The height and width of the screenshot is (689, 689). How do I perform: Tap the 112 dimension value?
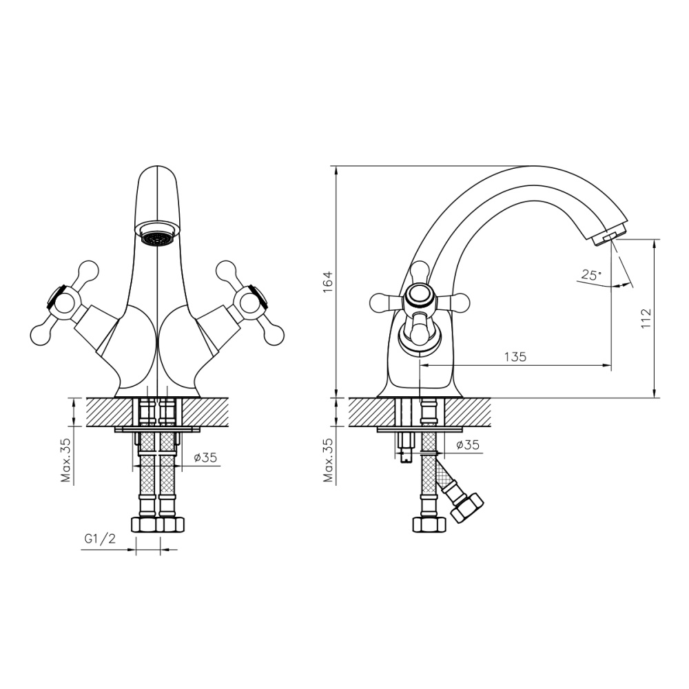pyautogui.click(x=645, y=318)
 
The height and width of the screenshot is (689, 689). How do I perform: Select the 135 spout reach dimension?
pyautogui.click(x=515, y=356)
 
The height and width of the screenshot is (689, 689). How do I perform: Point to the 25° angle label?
pyautogui.click(x=590, y=274)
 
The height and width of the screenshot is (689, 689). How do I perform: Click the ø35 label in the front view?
pyautogui.click(x=206, y=457)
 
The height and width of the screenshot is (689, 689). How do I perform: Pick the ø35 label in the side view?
pyautogui.click(x=467, y=445)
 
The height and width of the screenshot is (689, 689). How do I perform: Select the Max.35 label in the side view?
pyautogui.click(x=328, y=460)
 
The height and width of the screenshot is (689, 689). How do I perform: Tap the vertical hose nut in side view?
pyautogui.click(x=429, y=524)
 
